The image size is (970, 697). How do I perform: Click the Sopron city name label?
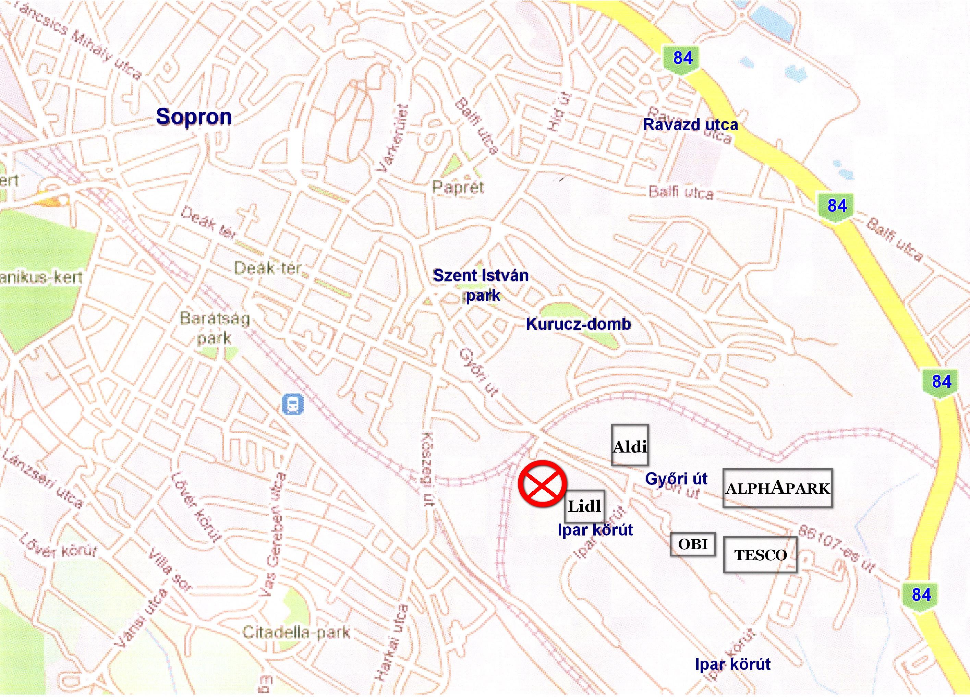[x=194, y=116]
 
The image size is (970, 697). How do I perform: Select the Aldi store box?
[x=630, y=445]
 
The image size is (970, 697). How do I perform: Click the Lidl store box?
[x=584, y=506]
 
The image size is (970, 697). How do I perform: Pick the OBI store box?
[x=692, y=544]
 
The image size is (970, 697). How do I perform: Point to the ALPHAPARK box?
[x=777, y=488]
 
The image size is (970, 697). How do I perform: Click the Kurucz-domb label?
[x=578, y=324]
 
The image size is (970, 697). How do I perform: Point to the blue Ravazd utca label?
[x=690, y=125]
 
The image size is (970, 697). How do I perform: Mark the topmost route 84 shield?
[x=682, y=58]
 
